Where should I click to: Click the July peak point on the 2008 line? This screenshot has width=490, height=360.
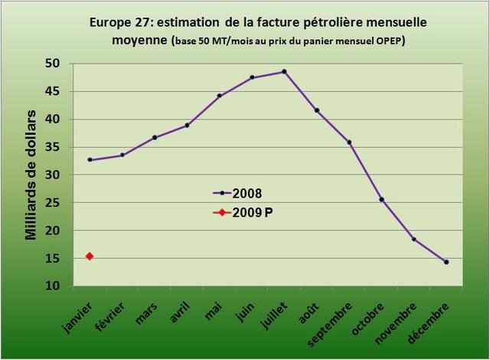pyautogui.click(x=284, y=71)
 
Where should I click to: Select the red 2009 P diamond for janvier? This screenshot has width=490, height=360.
pyautogui.click(x=90, y=256)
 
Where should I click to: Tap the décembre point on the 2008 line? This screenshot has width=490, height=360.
pyautogui.click(x=446, y=262)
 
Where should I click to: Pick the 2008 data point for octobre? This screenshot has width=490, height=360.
pyautogui.click(x=381, y=199)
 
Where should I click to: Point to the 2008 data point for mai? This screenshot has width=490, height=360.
pyautogui.click(x=219, y=96)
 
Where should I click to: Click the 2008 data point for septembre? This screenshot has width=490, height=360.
pyautogui.click(x=349, y=142)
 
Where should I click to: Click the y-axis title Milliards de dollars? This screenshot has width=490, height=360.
pyautogui.click(x=31, y=175)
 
